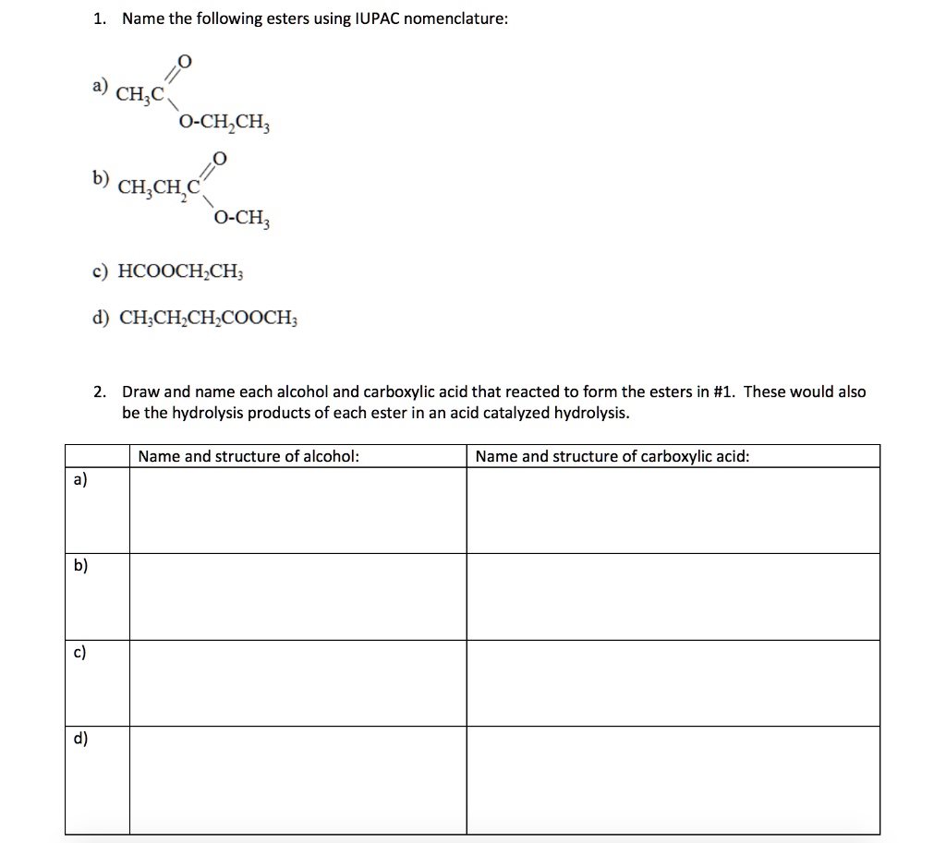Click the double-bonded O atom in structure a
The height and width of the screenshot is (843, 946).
coord(185,62)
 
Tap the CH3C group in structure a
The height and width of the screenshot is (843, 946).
coord(140,92)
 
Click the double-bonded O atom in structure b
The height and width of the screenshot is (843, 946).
coord(219,158)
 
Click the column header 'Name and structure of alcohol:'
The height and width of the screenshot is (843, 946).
coord(249,456)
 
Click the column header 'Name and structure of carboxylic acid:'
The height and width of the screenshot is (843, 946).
coord(612,456)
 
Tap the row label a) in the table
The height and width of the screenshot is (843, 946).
coord(80,479)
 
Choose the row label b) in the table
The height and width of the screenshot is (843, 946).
coord(80,565)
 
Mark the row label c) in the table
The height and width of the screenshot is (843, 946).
coord(80,652)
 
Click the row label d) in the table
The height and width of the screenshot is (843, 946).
coord(80,738)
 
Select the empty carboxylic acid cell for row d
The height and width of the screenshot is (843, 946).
coord(673,780)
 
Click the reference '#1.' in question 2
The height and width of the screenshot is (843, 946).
coord(725,391)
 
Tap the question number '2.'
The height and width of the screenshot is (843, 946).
coord(101,391)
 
